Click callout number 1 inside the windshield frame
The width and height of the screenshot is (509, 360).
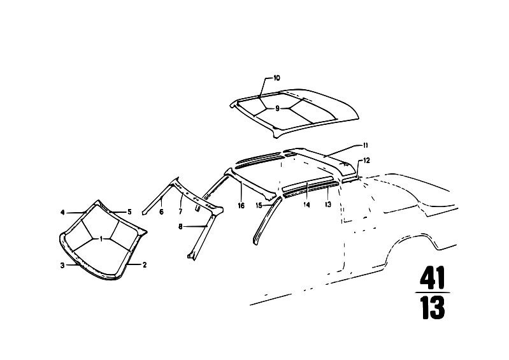101,238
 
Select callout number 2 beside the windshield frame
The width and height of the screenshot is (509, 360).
145,264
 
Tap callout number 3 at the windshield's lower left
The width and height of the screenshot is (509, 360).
62,264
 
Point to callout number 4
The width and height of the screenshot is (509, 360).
62,212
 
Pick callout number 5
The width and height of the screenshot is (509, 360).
129,212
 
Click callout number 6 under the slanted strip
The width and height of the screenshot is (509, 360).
161,212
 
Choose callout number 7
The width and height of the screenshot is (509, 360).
180,212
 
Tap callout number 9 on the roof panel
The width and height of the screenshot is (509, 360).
277,109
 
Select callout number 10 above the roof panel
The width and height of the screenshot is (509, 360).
276,78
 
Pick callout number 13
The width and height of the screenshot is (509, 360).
327,205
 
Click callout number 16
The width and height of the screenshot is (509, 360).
241,205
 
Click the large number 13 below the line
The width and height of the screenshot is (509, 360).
432,308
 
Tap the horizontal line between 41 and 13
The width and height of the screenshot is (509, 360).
432,292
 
